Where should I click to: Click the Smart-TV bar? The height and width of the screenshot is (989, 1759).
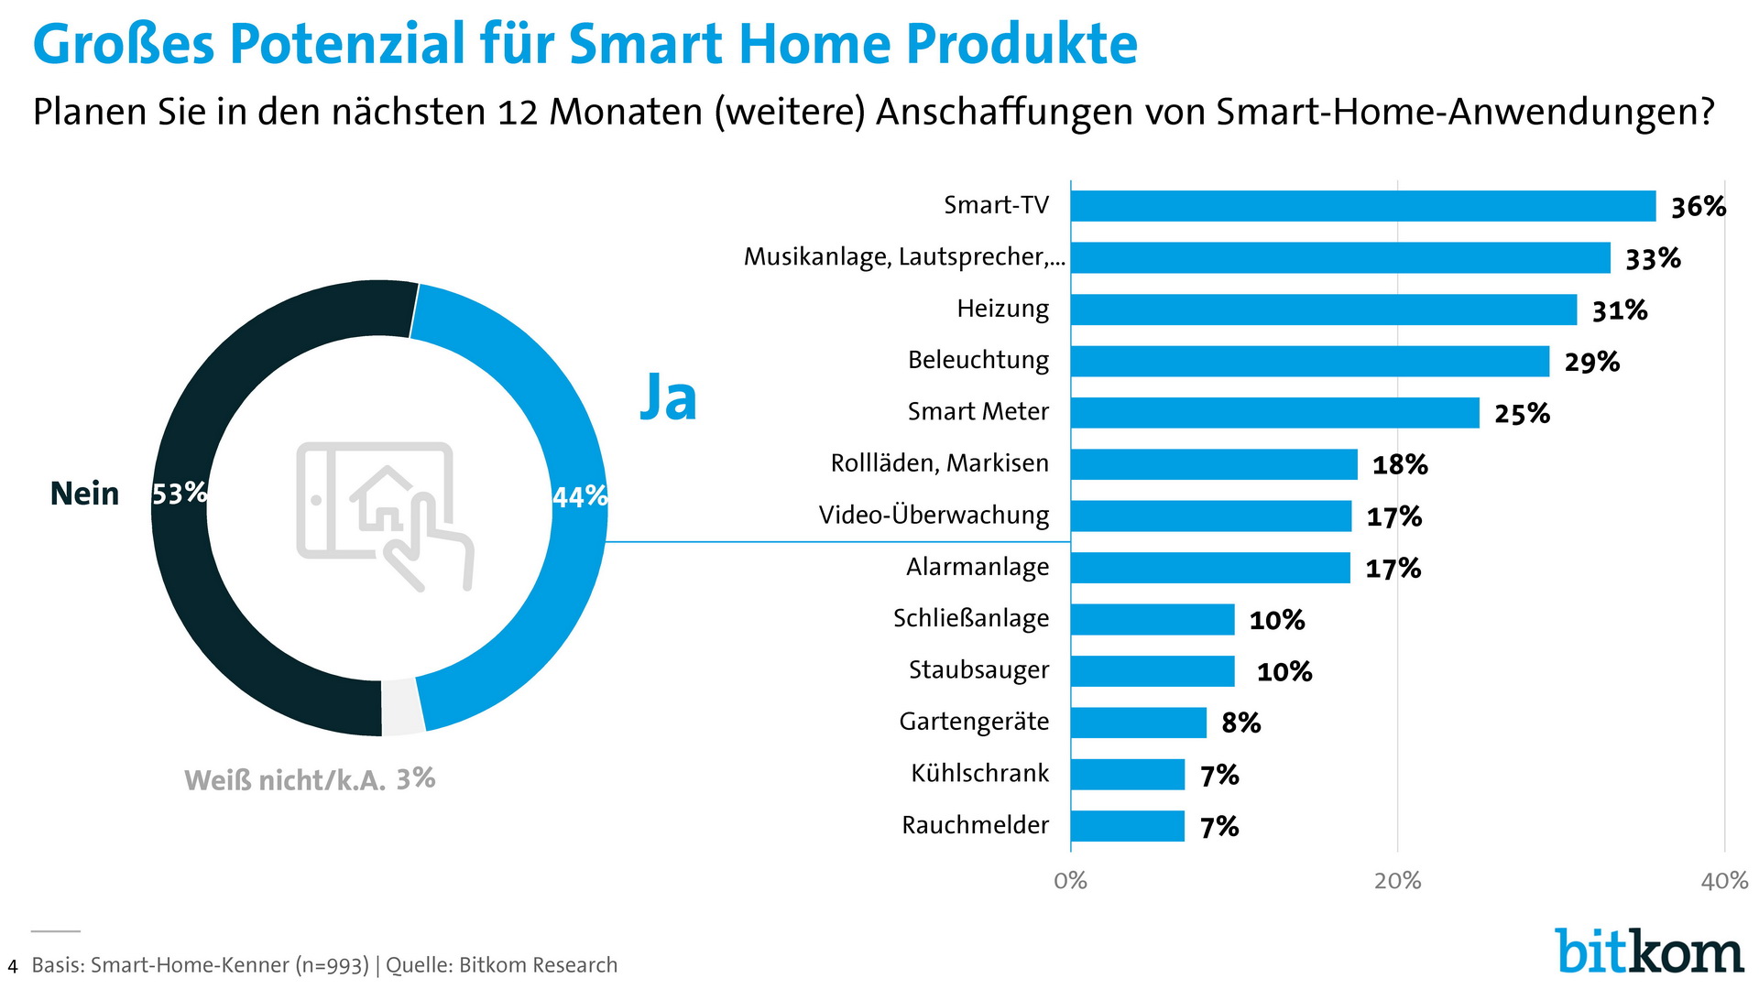(1363, 206)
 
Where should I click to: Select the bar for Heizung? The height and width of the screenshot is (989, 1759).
(1324, 310)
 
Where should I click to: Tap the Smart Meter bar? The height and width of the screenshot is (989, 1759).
(1274, 413)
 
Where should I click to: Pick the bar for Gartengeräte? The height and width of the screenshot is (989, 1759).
(1139, 723)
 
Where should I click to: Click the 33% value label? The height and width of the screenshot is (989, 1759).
(1653, 259)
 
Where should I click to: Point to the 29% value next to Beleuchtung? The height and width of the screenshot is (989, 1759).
(1591, 363)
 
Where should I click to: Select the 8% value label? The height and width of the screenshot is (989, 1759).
(1240, 723)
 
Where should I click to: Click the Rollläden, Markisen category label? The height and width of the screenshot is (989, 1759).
(939, 463)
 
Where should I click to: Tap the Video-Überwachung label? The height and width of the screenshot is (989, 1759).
(934, 516)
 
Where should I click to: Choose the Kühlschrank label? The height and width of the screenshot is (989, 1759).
(979, 774)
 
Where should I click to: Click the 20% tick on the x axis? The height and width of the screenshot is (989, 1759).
(1397, 881)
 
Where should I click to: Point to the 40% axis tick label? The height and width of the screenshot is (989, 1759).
(1724, 881)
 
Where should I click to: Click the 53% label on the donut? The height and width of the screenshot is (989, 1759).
(180, 494)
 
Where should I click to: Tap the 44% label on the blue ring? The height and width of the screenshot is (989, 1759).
(580, 496)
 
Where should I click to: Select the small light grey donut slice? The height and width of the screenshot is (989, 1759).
(402, 709)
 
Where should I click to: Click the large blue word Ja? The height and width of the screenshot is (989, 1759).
(668, 398)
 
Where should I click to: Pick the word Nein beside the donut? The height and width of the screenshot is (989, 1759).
(84, 494)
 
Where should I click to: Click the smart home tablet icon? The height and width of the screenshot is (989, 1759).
(384, 516)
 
